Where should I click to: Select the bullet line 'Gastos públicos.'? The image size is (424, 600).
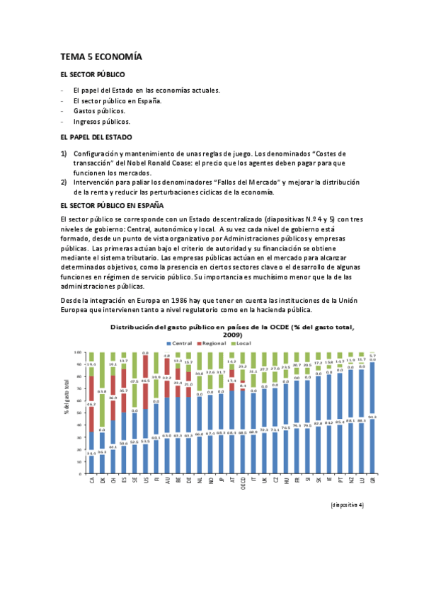pos(99,111)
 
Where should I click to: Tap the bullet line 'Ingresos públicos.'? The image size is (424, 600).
pos(101,122)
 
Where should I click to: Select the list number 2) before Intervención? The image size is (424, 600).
pos(64,183)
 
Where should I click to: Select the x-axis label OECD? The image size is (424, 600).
pos(243,483)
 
